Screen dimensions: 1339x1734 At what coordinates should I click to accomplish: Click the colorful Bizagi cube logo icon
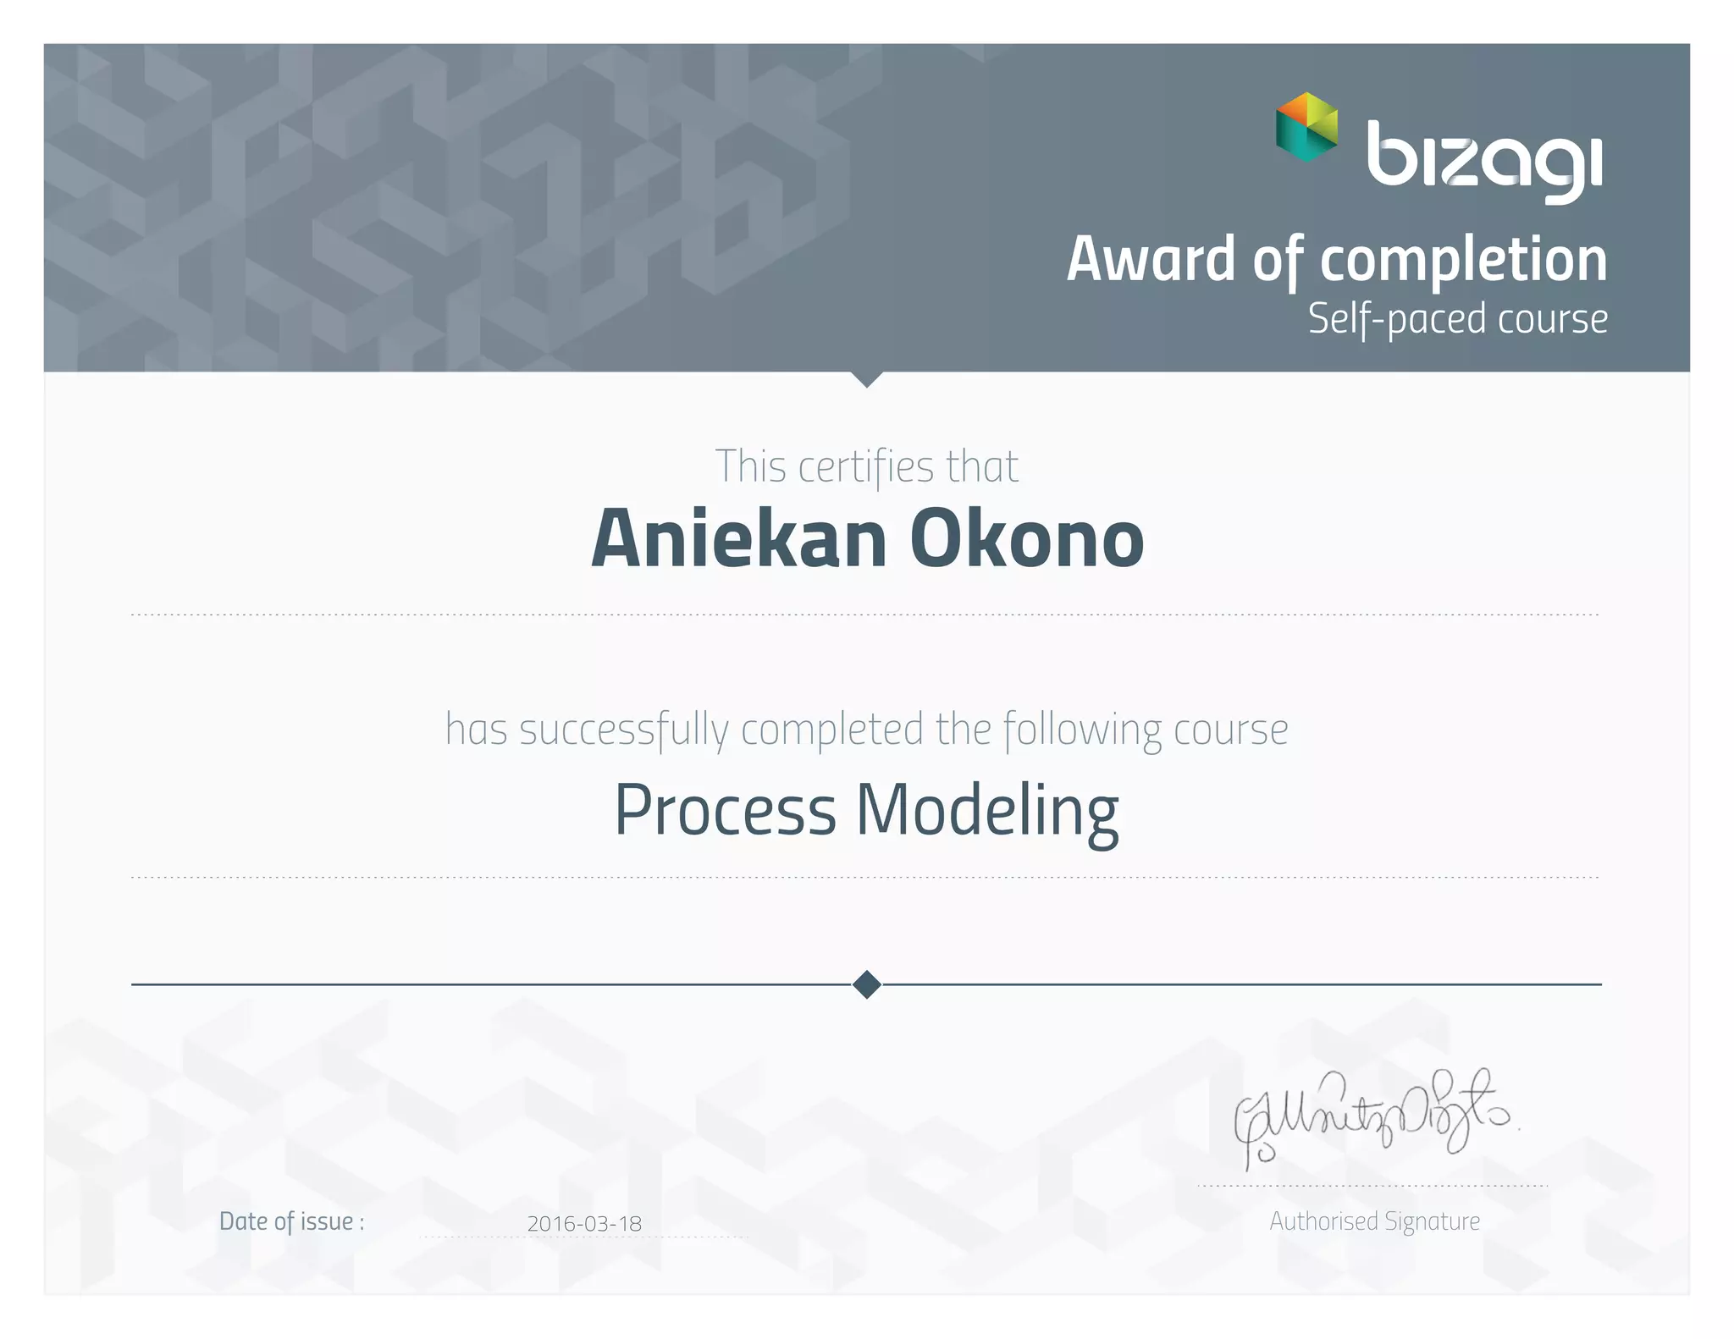coord(1306,127)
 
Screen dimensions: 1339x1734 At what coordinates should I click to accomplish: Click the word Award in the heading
coord(1151,259)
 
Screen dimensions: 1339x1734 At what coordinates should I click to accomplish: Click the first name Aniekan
coord(738,539)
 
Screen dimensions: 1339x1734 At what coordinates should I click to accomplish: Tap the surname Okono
coord(1026,539)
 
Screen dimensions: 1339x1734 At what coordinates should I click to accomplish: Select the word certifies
coord(865,466)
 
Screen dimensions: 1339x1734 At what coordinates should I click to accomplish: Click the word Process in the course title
coord(725,810)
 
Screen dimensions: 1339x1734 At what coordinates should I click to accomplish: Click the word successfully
coord(624,730)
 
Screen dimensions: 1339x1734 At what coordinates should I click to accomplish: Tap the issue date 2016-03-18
coord(584,1223)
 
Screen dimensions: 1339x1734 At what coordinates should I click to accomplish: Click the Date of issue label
coord(291,1221)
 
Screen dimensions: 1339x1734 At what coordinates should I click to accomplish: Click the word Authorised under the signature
coord(1323,1221)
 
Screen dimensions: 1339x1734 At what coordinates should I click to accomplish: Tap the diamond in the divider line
coord(867,984)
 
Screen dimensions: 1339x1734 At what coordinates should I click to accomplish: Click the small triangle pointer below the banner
coord(867,379)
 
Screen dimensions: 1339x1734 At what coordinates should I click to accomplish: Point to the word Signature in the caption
coord(1433,1221)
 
